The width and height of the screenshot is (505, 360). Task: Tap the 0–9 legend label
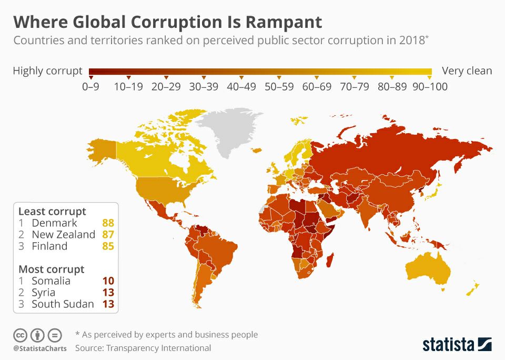(x=91, y=87)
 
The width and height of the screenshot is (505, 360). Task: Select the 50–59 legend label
(x=279, y=87)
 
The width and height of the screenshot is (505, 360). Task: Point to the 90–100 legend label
(x=430, y=87)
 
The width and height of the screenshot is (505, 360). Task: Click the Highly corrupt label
(x=47, y=71)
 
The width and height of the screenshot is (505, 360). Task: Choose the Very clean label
(x=467, y=71)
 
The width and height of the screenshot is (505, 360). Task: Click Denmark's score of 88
(x=108, y=223)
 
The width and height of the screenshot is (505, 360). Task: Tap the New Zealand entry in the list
(x=63, y=235)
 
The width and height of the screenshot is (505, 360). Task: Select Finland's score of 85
(x=108, y=246)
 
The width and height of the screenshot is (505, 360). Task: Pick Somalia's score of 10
(x=108, y=281)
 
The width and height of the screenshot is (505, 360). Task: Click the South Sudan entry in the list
(x=63, y=304)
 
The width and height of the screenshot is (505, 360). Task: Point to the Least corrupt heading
(x=52, y=212)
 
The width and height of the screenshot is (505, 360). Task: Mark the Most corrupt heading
(x=51, y=269)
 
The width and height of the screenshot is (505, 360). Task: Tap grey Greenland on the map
(x=227, y=129)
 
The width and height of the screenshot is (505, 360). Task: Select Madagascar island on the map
(x=331, y=259)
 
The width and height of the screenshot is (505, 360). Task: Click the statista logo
(x=457, y=345)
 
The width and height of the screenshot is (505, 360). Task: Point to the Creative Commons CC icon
(x=21, y=335)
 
